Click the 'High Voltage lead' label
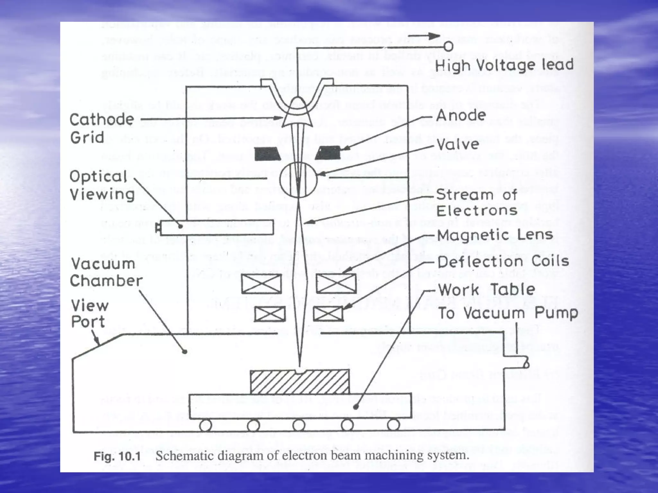[504, 65]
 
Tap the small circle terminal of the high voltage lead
[449, 47]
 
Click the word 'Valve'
[458, 144]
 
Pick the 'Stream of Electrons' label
[477, 203]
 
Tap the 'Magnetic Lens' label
[495, 235]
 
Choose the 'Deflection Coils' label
[503, 262]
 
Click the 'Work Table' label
[486, 290]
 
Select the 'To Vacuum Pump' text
[508, 313]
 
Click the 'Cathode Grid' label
[102, 128]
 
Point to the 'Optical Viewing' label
[102, 186]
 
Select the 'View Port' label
[90, 314]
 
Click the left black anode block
[268, 154]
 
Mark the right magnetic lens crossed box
[336, 284]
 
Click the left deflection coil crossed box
[270, 314]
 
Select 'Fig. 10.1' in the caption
[117, 456]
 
